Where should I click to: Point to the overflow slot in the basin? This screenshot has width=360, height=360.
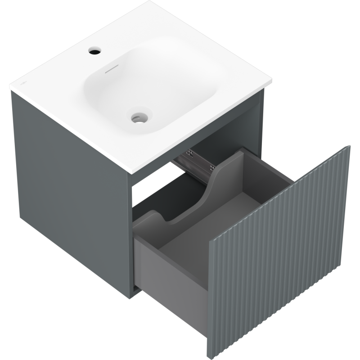111,71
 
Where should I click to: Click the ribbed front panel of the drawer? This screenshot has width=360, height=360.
279,252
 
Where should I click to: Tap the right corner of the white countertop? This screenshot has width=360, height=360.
272,83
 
